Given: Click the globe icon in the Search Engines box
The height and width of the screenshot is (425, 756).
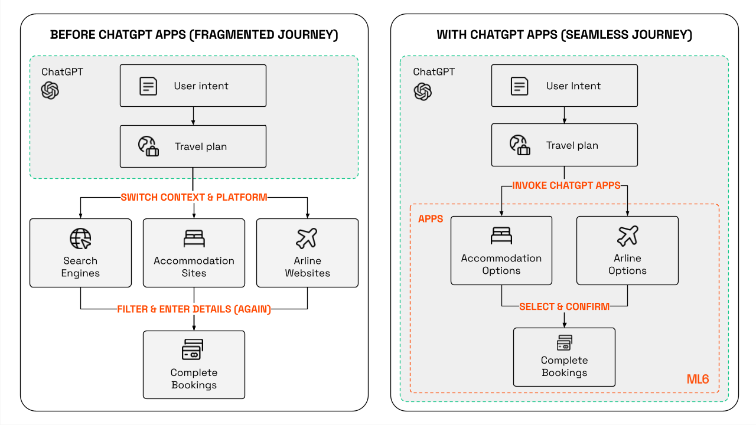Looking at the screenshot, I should click(x=80, y=238).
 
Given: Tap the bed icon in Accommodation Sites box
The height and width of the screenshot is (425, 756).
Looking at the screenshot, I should click(x=194, y=238).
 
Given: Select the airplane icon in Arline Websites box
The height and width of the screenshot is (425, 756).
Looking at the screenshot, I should click(x=307, y=238).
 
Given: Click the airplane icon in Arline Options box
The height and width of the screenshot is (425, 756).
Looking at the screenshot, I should click(x=627, y=236).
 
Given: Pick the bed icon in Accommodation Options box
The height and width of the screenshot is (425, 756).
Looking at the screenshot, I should click(x=501, y=236).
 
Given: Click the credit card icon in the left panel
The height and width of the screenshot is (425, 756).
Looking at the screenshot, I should click(x=193, y=350).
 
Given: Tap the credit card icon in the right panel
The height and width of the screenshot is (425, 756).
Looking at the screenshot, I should click(x=564, y=343).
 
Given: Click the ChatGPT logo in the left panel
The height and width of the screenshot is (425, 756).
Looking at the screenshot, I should click(x=50, y=90).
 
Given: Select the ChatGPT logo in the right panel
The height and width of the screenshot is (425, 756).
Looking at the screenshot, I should click(x=422, y=91).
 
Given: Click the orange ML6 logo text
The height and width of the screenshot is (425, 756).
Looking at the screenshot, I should click(x=698, y=379).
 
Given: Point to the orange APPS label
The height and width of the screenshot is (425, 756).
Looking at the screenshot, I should click(x=431, y=219).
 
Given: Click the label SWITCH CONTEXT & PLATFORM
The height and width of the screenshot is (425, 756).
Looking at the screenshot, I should click(x=194, y=197).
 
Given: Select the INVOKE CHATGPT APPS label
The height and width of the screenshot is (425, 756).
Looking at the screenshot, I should click(x=566, y=185).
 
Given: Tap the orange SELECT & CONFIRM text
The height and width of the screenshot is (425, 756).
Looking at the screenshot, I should click(x=564, y=306).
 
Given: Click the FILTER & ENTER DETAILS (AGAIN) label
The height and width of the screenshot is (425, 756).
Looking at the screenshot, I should click(x=194, y=309).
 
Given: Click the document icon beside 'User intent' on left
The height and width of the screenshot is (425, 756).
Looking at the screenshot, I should click(x=148, y=86).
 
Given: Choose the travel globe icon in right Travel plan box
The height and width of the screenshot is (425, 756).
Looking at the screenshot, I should click(x=520, y=145).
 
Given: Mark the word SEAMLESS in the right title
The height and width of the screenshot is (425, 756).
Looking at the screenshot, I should click(x=592, y=35).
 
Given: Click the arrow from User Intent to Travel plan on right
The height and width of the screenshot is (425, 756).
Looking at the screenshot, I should click(x=565, y=115).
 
